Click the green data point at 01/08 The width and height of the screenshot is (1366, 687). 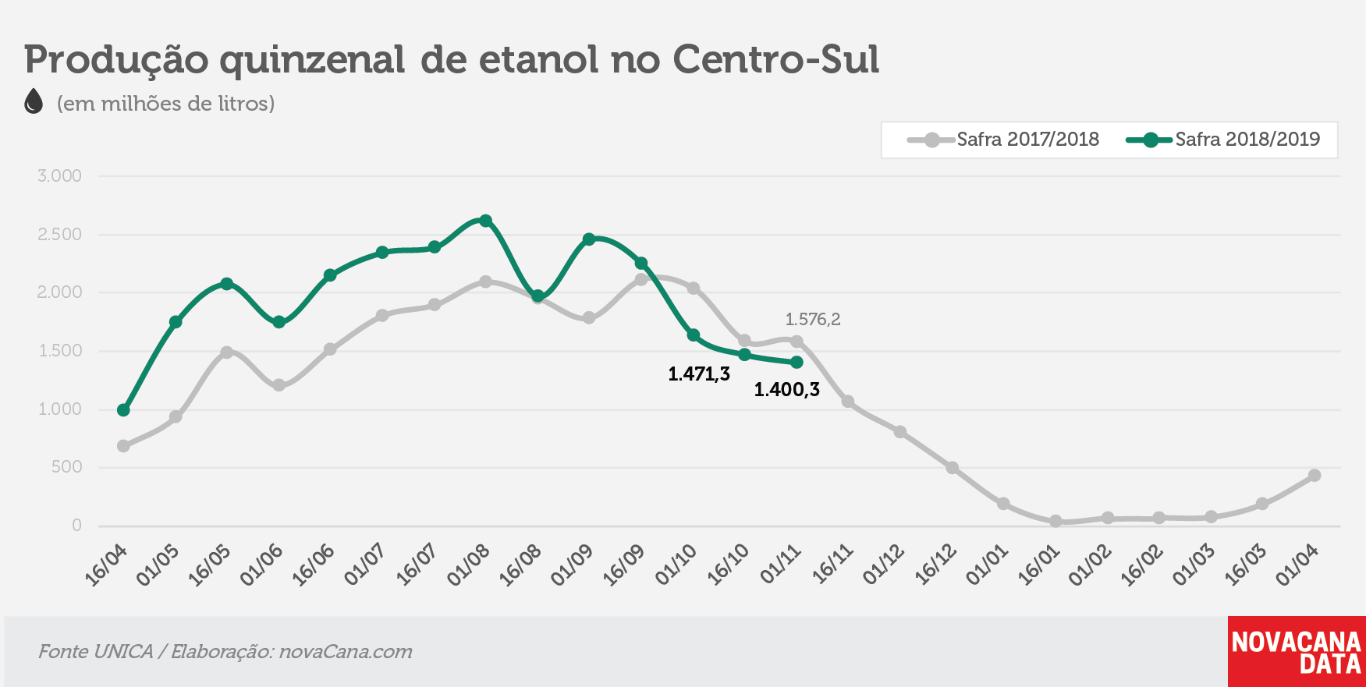pos(485,221)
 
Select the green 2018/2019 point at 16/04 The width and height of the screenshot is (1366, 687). pos(123,410)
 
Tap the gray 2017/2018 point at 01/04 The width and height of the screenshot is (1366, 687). pos(1315,476)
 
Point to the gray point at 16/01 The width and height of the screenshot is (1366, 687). pos(1056,521)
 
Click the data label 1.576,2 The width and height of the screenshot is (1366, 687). pos(813,319)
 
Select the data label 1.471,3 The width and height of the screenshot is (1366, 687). pos(699,374)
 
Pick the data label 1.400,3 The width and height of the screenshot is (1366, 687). pos(786,390)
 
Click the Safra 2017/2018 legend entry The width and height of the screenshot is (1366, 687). pos(1003,140)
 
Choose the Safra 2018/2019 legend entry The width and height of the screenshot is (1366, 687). pos(1223,140)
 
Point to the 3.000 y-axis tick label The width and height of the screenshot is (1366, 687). pos(59,176)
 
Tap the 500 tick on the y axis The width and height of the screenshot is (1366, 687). pos(66,467)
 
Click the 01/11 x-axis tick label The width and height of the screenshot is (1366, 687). pos(782,565)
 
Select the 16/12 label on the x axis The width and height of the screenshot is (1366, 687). pos(936,565)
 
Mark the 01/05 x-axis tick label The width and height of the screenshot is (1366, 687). pos(158,565)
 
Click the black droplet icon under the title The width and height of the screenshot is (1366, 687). pos(34,101)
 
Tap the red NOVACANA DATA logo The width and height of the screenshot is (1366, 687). pos(1297,652)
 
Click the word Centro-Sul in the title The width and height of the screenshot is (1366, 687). pos(776,59)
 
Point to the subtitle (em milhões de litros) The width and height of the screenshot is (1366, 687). pos(165,104)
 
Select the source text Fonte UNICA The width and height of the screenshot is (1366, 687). pos(95,652)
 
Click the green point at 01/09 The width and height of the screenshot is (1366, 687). pos(589,239)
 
